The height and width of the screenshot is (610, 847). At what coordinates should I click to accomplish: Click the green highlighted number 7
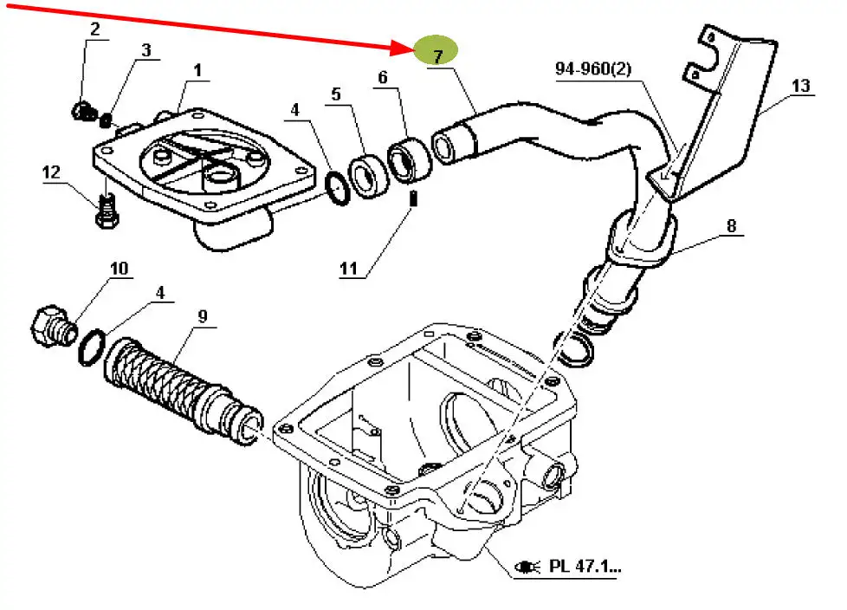[437, 54]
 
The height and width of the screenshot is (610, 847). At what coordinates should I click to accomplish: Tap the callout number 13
[800, 86]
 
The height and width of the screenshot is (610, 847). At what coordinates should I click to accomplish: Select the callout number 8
[731, 227]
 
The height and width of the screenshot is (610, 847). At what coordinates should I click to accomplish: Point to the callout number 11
[348, 269]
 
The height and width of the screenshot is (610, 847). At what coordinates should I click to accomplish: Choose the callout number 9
[202, 316]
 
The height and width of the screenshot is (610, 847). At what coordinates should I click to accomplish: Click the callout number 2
[94, 29]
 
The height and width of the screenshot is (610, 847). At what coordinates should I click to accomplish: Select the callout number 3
[145, 51]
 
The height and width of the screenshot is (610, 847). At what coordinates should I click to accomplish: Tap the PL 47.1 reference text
[585, 568]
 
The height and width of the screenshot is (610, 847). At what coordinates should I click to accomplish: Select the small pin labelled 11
[415, 198]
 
